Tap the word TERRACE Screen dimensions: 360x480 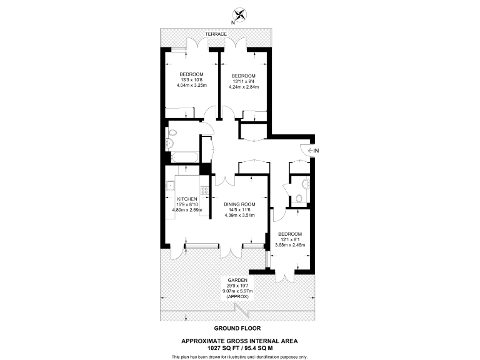point(216,33)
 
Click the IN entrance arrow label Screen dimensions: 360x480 point(316,150)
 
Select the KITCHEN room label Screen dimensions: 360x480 point(187,199)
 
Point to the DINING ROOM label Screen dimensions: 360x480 point(241,204)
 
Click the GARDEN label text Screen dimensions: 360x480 point(237,280)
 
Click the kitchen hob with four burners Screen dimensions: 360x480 point(204,190)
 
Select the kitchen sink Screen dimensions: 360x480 point(169,184)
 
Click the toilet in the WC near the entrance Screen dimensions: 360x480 point(299,199)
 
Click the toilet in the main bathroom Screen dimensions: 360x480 point(173,132)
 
